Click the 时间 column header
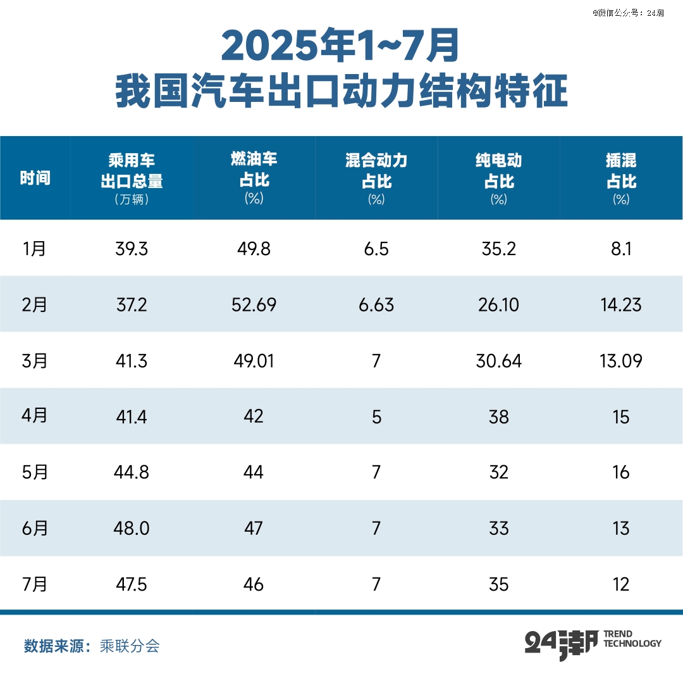pos(35,178)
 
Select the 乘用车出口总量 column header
pos(132,178)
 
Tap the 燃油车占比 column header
pos(254,178)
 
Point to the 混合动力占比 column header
pos(376,178)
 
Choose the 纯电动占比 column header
pos(498,178)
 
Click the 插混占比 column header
pos(621,178)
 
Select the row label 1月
pos(34,249)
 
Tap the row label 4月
pos(34,416)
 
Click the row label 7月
pos(34,584)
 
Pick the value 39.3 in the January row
pos(132,249)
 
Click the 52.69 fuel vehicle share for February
pos(254,305)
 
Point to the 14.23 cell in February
pos(621,305)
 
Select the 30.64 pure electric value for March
pos(498,361)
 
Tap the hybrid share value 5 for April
pos(376,416)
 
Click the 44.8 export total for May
pos(132,472)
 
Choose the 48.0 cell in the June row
pos(132,528)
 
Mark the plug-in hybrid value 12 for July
pos(621,584)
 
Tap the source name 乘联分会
pos(130,646)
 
